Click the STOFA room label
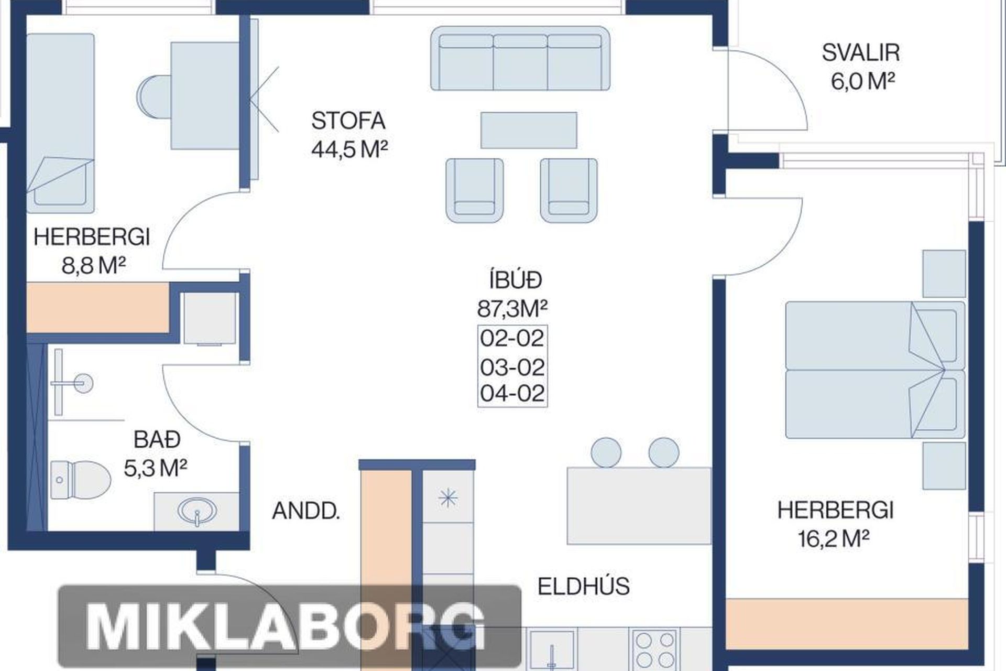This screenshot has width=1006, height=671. tap(348, 121)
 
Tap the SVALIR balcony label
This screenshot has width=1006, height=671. tap(861, 52)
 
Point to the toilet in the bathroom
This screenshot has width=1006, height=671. tap(81, 480)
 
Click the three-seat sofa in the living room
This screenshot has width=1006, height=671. tap(520, 59)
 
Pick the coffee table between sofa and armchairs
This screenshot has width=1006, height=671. tap(529, 130)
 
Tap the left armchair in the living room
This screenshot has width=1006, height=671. tap(475, 190)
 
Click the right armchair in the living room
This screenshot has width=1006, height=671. tap(568, 190)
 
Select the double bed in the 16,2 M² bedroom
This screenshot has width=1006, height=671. tap(875, 370)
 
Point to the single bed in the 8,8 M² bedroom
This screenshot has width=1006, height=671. tap(61, 123)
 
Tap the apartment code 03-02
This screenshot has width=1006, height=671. tap(512, 367)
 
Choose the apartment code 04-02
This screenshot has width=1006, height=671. tap(512, 393)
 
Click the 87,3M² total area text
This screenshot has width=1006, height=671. tap(512, 309)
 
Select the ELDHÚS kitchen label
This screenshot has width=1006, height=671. tap(584, 587)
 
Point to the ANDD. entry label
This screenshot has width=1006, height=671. tap(306, 511)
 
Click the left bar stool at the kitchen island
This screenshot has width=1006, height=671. tap(606, 452)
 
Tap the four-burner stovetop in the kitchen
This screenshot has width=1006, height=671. tap(655, 650)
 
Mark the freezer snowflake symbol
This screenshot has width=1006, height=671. tap(448, 498)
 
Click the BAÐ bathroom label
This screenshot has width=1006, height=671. tap(157, 439)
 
